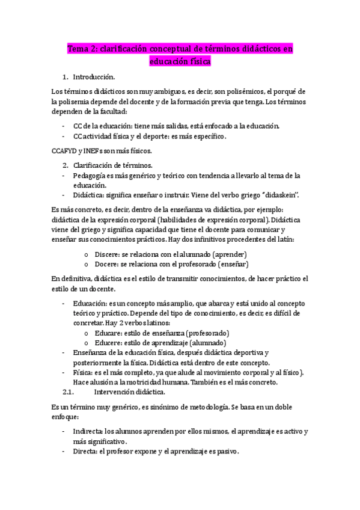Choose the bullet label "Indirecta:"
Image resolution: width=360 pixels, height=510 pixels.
88,432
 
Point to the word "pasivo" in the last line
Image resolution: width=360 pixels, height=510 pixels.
227,452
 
